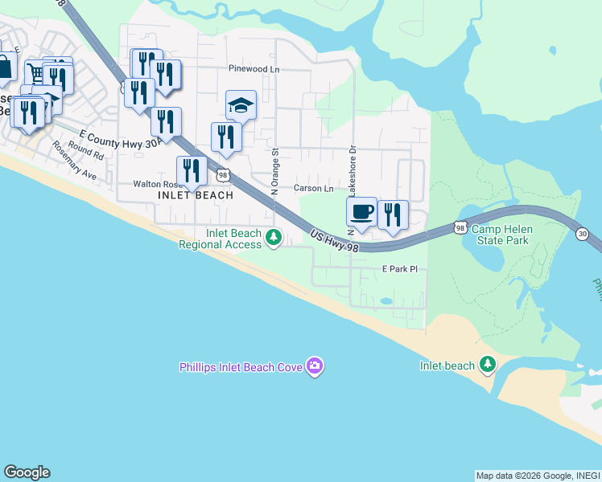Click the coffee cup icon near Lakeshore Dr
coord(362,213)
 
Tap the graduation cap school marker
coord(241,106)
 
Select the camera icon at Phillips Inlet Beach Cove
coord(315,367)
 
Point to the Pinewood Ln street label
coord(254,69)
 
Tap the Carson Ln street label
coord(313,188)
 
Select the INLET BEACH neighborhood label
coord(196,195)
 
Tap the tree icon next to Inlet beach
coord(487,366)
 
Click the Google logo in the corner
coord(27,472)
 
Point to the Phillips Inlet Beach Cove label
coord(240,368)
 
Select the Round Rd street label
coord(86,149)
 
